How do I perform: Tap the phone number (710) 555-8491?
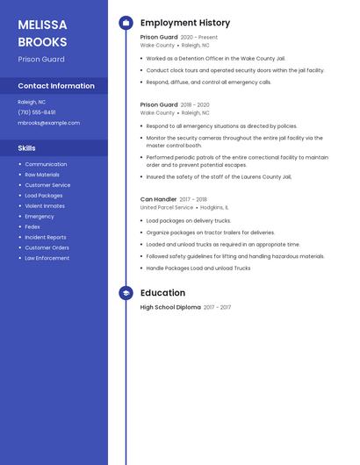(37, 112)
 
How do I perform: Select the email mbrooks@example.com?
(49, 123)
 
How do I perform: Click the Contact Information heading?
(56, 86)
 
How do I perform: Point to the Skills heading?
(27, 148)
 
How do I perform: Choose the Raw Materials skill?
(42, 175)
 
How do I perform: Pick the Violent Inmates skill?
(45, 206)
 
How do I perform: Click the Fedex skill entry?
(32, 227)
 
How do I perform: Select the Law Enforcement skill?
(47, 258)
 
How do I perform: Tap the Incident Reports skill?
(46, 238)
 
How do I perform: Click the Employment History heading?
(185, 23)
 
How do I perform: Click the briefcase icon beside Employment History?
(126, 23)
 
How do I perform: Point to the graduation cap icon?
(126, 293)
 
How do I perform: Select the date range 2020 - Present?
(199, 38)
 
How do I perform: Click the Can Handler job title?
(158, 199)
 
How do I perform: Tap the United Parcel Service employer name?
(167, 208)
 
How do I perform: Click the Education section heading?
(162, 293)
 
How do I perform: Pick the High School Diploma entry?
(170, 308)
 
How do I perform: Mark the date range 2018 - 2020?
(195, 104)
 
